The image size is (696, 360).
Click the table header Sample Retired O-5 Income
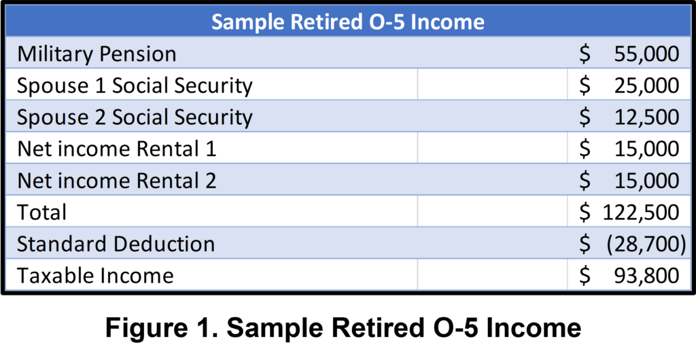[347, 21]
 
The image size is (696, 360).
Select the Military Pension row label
[97, 54]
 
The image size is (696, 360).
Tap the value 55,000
[647, 54]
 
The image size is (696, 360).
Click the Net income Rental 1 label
[117, 149]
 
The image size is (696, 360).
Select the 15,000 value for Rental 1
[647, 149]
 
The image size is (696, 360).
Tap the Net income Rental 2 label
[117, 181]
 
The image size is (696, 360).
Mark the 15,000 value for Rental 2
[647, 181]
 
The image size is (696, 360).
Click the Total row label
[41, 213]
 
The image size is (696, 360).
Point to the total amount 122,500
[641, 213]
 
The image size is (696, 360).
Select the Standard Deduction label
[116, 245]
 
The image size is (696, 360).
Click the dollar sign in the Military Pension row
[585, 54]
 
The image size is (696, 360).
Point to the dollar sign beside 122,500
[585, 213]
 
